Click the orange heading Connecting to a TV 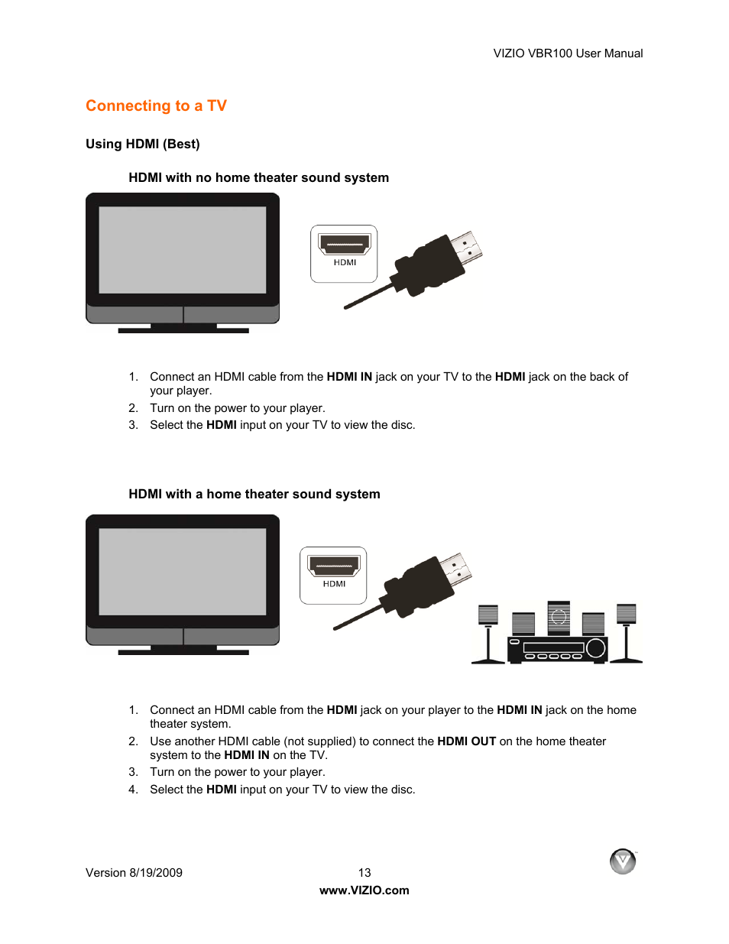click(156, 106)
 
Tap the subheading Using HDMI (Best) click(143, 144)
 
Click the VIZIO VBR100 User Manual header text click(568, 54)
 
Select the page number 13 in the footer click(364, 873)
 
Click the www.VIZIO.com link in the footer click(364, 890)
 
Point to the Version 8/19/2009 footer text click(134, 873)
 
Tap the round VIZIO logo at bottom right click(623, 861)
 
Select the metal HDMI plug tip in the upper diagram click(466, 247)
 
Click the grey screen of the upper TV click(183, 250)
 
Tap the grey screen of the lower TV click(183, 572)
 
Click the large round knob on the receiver click(596, 648)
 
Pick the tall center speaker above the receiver click(559, 618)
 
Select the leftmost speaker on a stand click(488, 615)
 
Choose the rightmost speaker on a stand click(627, 613)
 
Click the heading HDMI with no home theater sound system click(258, 178)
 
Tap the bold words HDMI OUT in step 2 click(466, 741)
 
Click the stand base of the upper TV click(183, 329)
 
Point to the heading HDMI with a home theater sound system click(254, 495)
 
